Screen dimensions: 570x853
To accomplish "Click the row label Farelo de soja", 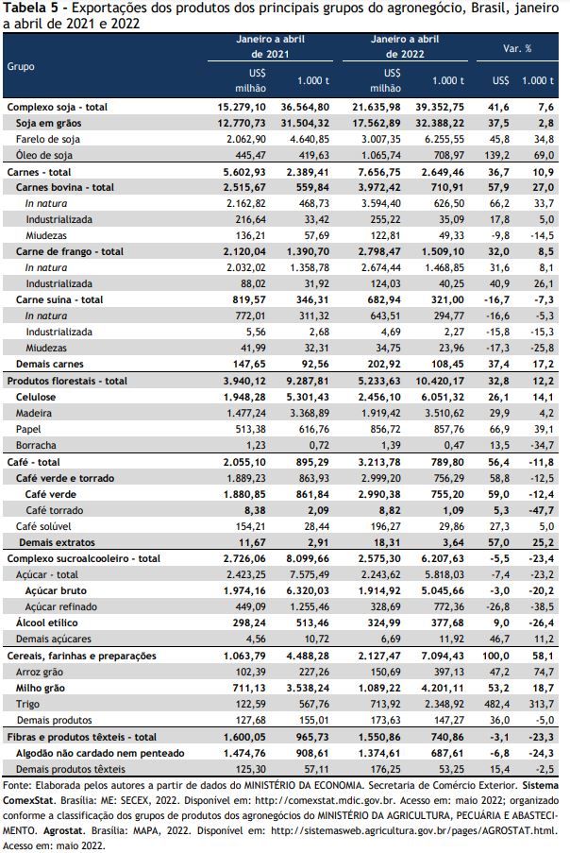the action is [x=48, y=139].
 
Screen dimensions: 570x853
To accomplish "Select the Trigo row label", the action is [x=27, y=704].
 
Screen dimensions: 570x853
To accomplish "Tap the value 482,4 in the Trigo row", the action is [x=497, y=704].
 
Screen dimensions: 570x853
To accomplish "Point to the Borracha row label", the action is [x=36, y=445].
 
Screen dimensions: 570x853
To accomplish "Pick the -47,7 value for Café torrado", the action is [x=541, y=510].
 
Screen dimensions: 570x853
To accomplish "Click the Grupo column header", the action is [x=21, y=66].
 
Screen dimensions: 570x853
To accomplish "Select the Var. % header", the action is [x=517, y=48].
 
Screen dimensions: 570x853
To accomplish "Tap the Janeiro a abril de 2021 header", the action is [x=270, y=46].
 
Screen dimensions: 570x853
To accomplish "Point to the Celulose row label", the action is [x=36, y=397].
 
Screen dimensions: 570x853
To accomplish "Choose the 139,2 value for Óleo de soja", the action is [x=497, y=155].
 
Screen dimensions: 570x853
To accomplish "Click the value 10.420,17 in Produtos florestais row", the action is [x=440, y=381].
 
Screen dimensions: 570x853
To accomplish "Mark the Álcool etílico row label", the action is [x=47, y=623].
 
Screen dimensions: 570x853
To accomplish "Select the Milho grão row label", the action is [x=41, y=689].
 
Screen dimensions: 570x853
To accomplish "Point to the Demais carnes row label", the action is [x=50, y=365].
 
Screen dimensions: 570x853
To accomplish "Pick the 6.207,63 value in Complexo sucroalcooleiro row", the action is [x=443, y=558].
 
